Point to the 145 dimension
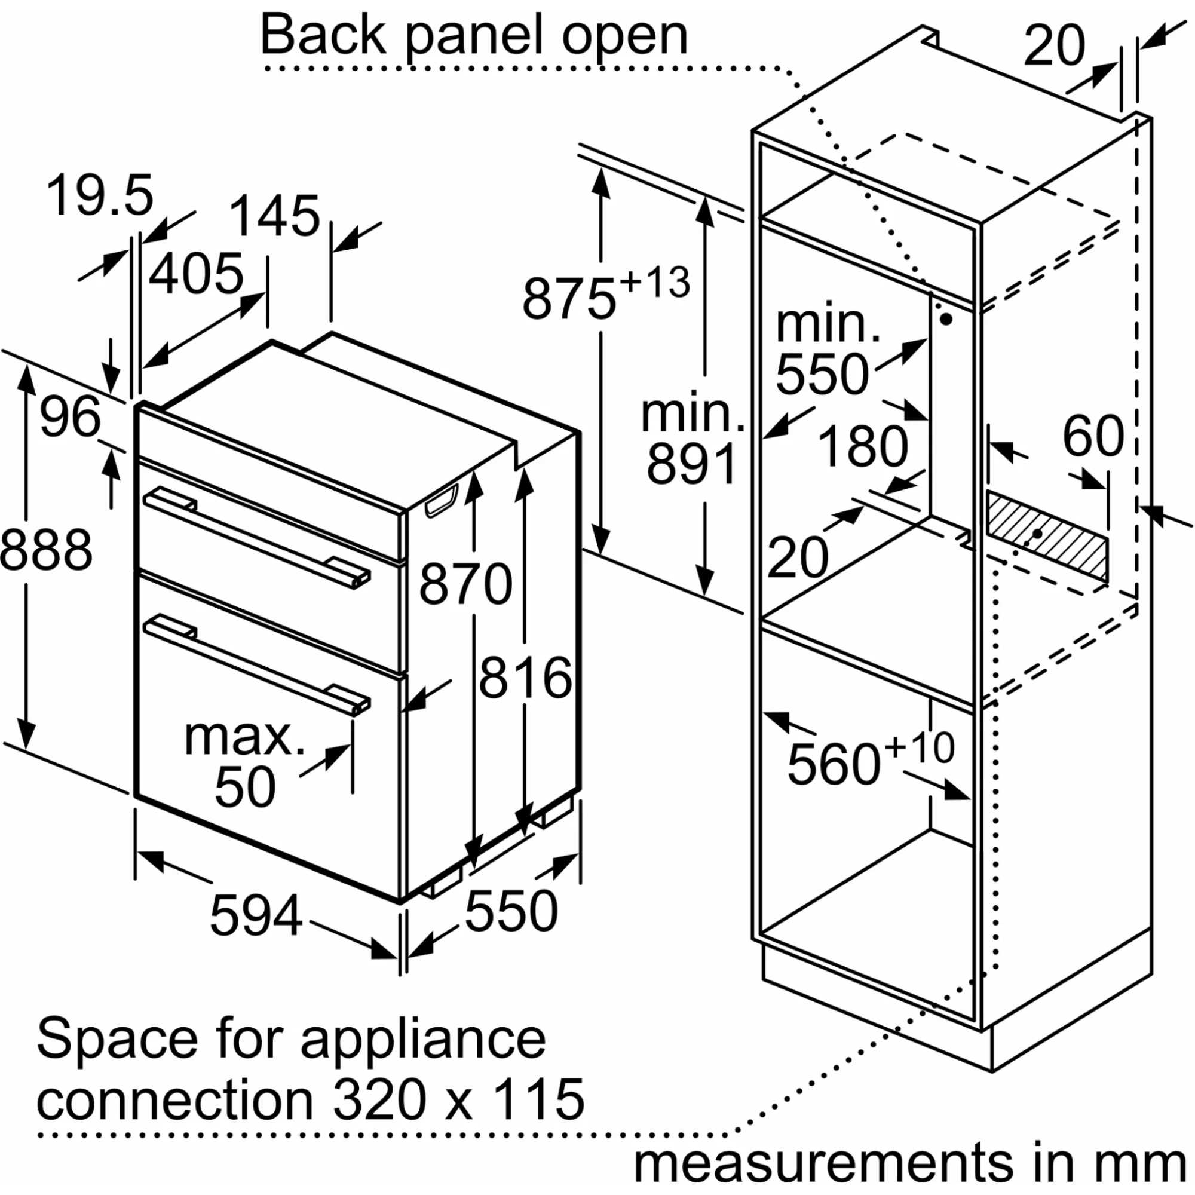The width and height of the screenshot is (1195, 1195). [275, 216]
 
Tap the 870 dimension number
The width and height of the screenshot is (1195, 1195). [466, 583]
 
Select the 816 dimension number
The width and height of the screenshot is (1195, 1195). [525, 678]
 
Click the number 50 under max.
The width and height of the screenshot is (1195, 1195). [245, 788]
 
